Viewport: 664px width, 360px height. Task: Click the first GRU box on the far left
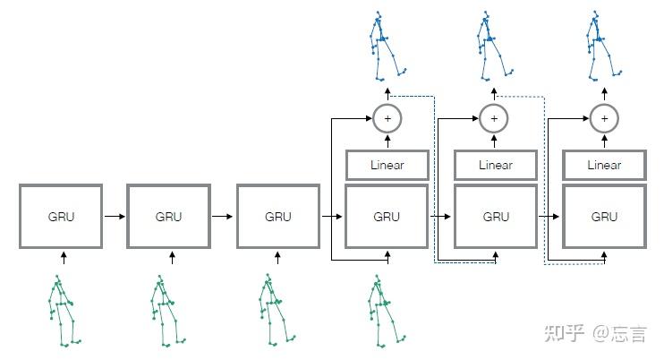pos(61,217)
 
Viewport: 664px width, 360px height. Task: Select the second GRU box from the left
pos(169,217)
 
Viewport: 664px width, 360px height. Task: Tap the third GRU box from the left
pos(278,217)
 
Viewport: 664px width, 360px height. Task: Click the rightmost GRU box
pos(605,217)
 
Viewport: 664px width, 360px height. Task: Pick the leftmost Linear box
pos(387,165)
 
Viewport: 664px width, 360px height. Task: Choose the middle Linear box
pos(496,165)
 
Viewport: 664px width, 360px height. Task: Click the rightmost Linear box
pos(605,165)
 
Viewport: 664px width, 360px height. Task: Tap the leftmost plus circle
pos(387,118)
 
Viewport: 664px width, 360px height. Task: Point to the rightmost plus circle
pos(604,118)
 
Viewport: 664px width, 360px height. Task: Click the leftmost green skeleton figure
pos(63,309)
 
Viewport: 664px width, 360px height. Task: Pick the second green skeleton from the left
pos(169,309)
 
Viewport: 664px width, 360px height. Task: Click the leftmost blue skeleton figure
pos(387,45)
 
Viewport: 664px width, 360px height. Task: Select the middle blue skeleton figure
pos(491,45)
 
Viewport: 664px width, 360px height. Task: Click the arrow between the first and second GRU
pos(115,217)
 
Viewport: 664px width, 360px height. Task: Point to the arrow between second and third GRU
pos(224,217)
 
